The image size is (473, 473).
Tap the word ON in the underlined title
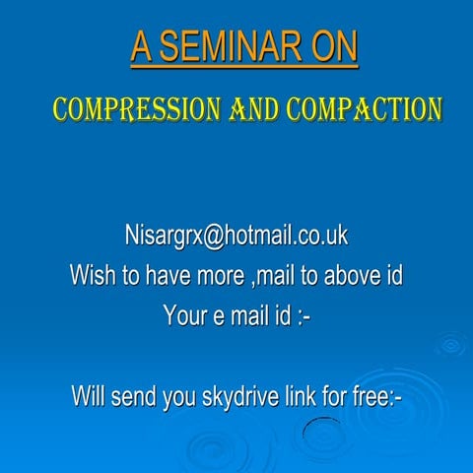click(330, 47)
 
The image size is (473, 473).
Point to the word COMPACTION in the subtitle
click(364, 108)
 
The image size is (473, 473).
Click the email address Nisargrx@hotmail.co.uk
click(236, 236)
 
